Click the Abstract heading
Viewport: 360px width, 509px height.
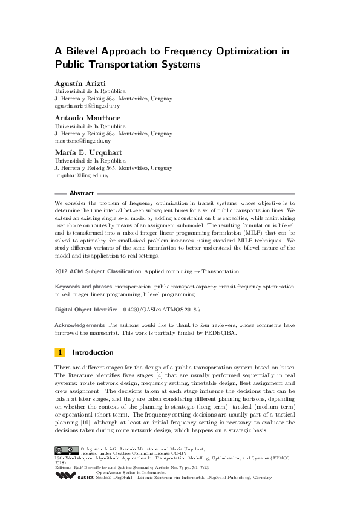pyautogui.click(x=82, y=193)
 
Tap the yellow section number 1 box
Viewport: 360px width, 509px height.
pyautogui.click(x=60, y=352)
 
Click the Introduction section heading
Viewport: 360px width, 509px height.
pyautogui.click(x=93, y=352)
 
